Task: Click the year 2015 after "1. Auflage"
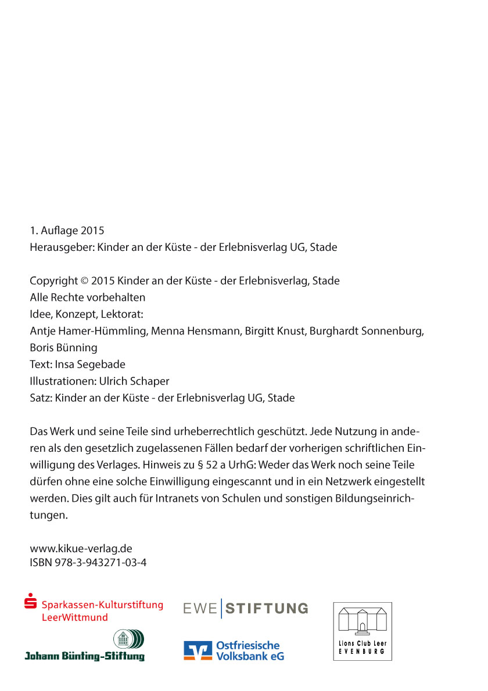tap(92, 231)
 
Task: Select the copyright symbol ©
tap(84, 281)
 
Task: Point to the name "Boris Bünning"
tap(63, 348)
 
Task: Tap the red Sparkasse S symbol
tap(31, 602)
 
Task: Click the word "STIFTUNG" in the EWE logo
tap(267, 609)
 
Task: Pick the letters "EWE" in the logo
tap(200, 609)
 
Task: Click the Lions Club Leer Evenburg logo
tap(363, 631)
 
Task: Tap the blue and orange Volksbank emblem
tap(198, 650)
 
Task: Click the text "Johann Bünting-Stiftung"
tap(84, 656)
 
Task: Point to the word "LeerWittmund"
tap(75, 617)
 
